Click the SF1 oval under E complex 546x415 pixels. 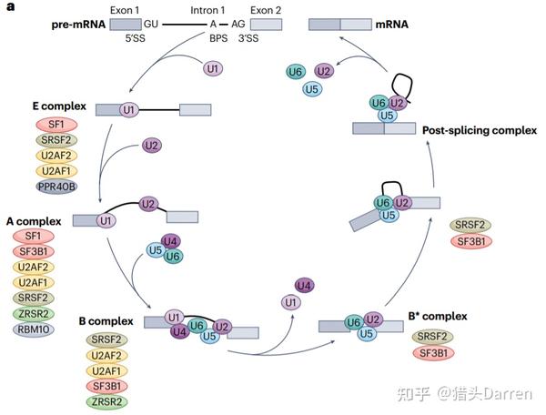pyautogui.click(x=57, y=124)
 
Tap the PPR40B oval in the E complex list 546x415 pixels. pyautogui.click(x=57, y=187)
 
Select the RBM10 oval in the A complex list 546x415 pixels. pyautogui.click(x=32, y=330)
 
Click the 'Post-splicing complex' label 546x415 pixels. pyautogui.click(x=480, y=130)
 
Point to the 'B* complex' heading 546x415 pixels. pyautogui.click(x=437, y=316)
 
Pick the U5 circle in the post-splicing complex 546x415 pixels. pyautogui.click(x=386, y=116)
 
